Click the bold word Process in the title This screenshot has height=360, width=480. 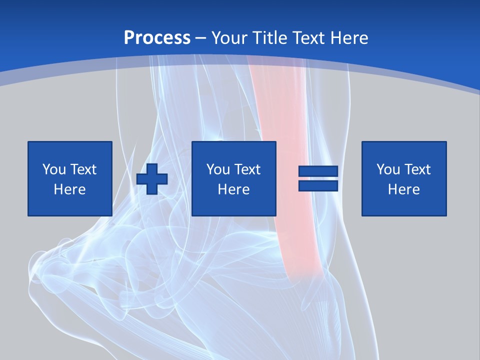pyautogui.click(x=157, y=38)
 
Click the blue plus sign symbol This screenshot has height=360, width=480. pyautogui.click(x=152, y=179)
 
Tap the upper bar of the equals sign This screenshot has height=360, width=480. pyautogui.click(x=318, y=171)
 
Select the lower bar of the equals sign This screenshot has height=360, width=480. pyautogui.click(x=318, y=186)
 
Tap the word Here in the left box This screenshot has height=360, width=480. pyautogui.click(x=70, y=189)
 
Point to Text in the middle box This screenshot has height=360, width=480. pyautogui.click(x=247, y=169)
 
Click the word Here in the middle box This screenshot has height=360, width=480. pyautogui.click(x=234, y=189)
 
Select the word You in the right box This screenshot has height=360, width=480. pyautogui.click(x=388, y=169)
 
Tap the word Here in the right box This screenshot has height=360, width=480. pyautogui.click(x=404, y=189)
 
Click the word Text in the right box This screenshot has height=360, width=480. pyautogui.click(x=417, y=169)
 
